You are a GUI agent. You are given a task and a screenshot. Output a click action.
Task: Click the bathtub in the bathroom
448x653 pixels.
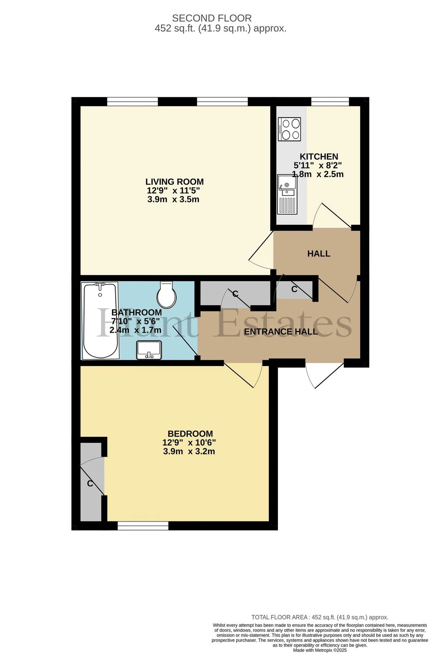click(100, 321)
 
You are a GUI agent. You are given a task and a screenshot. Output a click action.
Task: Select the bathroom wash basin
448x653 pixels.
click(149, 350)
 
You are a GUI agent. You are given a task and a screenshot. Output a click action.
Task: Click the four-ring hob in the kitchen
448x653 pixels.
click(289, 129)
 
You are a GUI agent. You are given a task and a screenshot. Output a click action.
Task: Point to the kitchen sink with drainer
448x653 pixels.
click(287, 194)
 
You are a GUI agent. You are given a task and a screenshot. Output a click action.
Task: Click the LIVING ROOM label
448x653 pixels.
click(174, 182)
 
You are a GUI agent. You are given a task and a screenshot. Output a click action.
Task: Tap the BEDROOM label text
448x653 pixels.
click(190, 434)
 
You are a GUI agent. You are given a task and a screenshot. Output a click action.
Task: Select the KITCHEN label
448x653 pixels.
click(319, 157)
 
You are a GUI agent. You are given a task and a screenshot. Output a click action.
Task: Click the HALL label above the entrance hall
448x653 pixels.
click(319, 254)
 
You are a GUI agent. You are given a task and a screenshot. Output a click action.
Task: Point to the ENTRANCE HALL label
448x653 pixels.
click(281, 332)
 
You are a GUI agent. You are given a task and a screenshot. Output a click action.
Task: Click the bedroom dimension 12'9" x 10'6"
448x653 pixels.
click(189, 443)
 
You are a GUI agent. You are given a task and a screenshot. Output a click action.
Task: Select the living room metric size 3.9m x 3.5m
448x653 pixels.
click(173, 199)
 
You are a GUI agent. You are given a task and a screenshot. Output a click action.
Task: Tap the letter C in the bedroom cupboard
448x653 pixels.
click(90, 484)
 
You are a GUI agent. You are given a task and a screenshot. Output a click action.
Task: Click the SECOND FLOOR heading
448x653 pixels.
click(212, 18)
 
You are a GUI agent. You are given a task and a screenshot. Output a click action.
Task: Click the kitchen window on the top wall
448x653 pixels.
click(330, 102)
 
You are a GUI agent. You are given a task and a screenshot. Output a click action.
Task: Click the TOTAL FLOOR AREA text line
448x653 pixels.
click(320, 617)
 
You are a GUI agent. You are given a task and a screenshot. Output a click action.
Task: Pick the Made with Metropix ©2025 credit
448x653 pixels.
click(320, 650)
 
